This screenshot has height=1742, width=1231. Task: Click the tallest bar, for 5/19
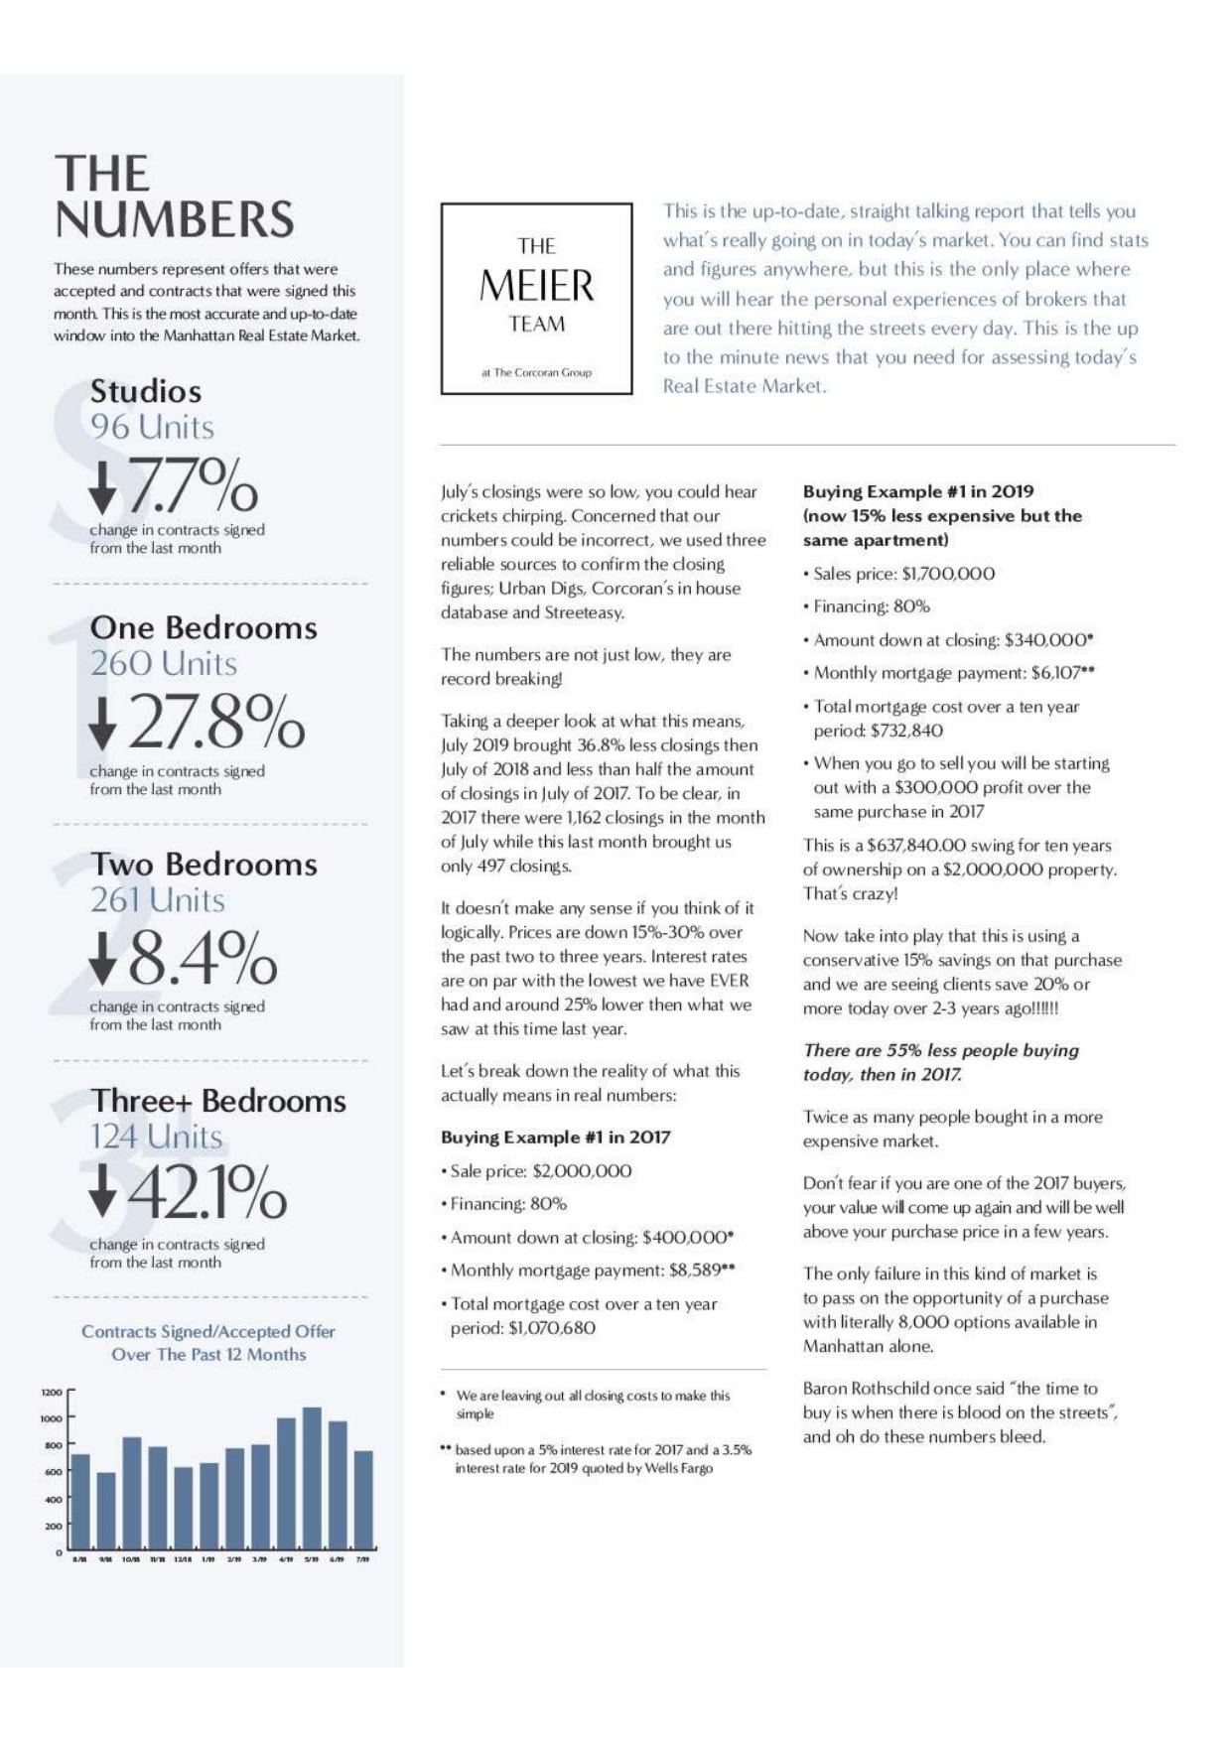[x=312, y=1479]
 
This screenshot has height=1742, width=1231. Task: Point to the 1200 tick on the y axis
[x=52, y=1392]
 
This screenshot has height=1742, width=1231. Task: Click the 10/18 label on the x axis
[x=131, y=1559]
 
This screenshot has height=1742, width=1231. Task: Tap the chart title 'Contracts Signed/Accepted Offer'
[x=208, y=1331]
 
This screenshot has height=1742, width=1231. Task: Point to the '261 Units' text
[x=158, y=899]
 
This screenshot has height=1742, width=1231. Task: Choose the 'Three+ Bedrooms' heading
[x=218, y=1100]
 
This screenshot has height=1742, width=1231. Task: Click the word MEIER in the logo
[x=536, y=286]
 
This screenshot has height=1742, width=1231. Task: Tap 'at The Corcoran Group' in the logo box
[x=536, y=372]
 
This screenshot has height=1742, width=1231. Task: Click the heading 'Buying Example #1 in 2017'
[x=556, y=1138]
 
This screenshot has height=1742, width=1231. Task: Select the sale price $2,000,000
[x=582, y=1170]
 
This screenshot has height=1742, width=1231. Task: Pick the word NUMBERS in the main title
[x=175, y=219]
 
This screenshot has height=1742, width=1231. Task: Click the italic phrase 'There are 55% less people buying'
[x=940, y=1050]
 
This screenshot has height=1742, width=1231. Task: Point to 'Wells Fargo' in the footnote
[x=679, y=1468]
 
